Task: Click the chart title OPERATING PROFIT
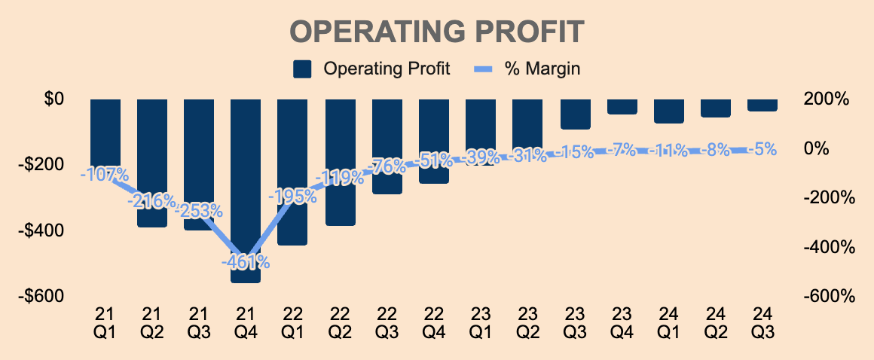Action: (x=437, y=33)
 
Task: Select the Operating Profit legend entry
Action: (x=371, y=69)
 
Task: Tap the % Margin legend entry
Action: (x=527, y=69)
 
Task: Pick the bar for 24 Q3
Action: (x=762, y=105)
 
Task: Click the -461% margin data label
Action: (x=246, y=262)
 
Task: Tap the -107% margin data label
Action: (x=105, y=174)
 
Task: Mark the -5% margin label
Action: (x=762, y=150)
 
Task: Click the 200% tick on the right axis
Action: (x=827, y=99)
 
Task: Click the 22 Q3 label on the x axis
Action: (x=386, y=321)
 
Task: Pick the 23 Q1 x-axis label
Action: (x=481, y=321)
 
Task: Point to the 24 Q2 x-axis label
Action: (x=716, y=321)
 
